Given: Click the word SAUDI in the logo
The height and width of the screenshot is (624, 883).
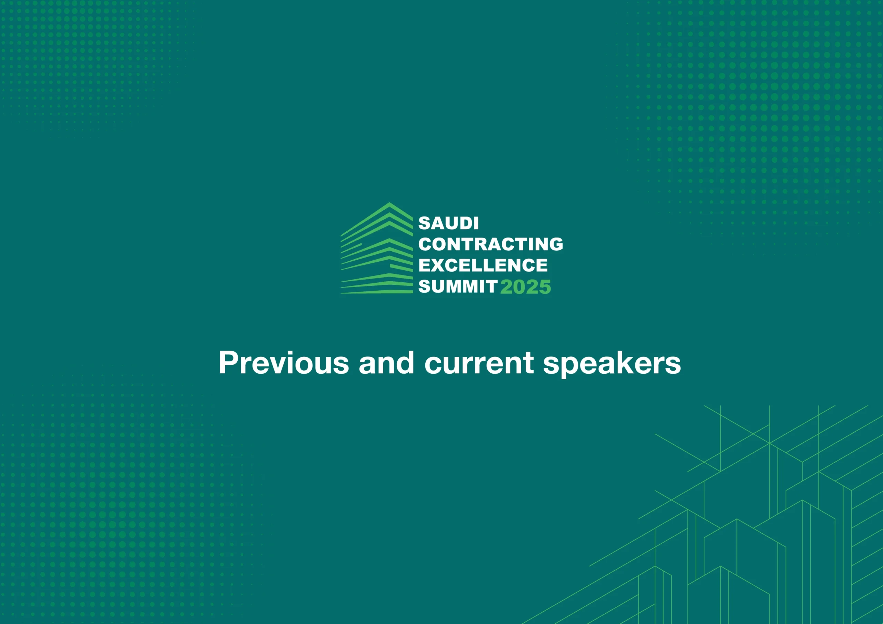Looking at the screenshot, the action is [x=448, y=223].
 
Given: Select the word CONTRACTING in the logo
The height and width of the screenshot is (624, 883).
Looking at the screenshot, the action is [x=491, y=244].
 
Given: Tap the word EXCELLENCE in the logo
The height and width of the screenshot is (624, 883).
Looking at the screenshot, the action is [x=483, y=265].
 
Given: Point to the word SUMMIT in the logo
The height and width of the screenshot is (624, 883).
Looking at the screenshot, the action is [x=458, y=286].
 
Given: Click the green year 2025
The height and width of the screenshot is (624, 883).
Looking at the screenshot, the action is [x=526, y=287].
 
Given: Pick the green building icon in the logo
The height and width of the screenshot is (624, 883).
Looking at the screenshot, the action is [x=377, y=248].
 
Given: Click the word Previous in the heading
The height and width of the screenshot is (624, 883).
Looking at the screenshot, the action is [x=284, y=363].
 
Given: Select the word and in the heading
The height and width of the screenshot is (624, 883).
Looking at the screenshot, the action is [x=387, y=363].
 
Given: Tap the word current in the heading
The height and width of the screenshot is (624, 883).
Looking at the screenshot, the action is [x=479, y=364].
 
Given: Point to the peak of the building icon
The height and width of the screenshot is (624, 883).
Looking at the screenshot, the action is [x=389, y=203].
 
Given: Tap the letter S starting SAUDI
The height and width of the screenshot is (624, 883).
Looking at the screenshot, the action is [x=425, y=223].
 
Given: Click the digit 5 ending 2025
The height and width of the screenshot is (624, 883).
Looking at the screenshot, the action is [x=545, y=287].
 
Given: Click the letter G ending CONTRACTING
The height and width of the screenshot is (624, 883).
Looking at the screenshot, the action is [x=556, y=244].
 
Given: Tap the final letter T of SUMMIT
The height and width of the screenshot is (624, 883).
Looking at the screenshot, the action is [x=492, y=286].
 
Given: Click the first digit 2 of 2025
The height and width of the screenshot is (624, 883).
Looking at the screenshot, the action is [x=506, y=287].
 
